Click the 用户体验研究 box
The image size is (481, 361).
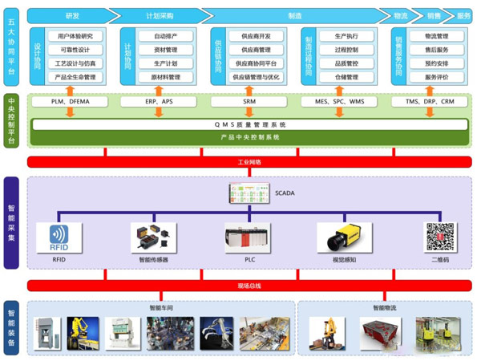coord(76,36)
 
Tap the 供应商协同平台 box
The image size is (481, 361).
coord(256,63)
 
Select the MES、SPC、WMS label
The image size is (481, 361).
coord(341,103)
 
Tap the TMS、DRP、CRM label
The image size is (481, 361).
coord(430,103)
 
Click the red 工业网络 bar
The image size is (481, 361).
coord(249,162)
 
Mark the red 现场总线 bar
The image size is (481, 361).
coord(249,286)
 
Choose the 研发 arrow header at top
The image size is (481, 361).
coord(72,15)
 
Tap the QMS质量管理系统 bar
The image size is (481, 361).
coord(249,125)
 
